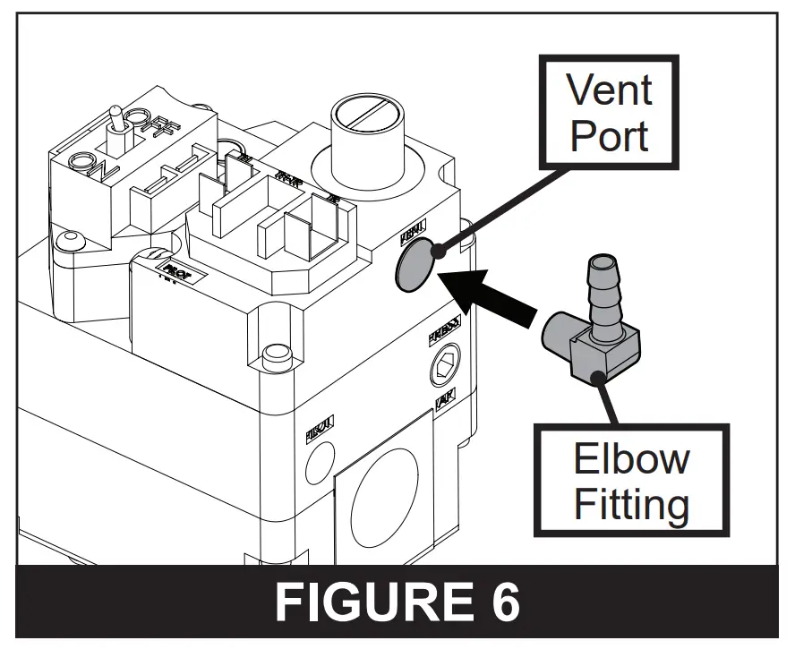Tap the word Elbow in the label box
click(x=631, y=457)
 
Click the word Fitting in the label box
click(x=631, y=503)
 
